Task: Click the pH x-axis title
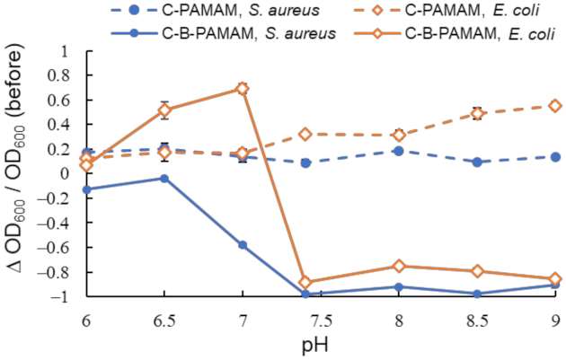(x=321, y=346)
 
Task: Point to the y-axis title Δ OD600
(x=19, y=173)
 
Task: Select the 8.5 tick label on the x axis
(x=477, y=319)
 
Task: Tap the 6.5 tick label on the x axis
(x=164, y=319)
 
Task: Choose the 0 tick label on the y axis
(x=68, y=173)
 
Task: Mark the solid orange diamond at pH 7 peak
(x=243, y=89)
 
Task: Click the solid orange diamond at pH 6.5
(x=164, y=110)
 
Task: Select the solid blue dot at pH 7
(x=243, y=245)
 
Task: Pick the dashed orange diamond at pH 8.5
(x=477, y=113)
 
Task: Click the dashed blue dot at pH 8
(x=399, y=151)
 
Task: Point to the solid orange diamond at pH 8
(x=399, y=266)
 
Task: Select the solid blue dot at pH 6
(x=86, y=189)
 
